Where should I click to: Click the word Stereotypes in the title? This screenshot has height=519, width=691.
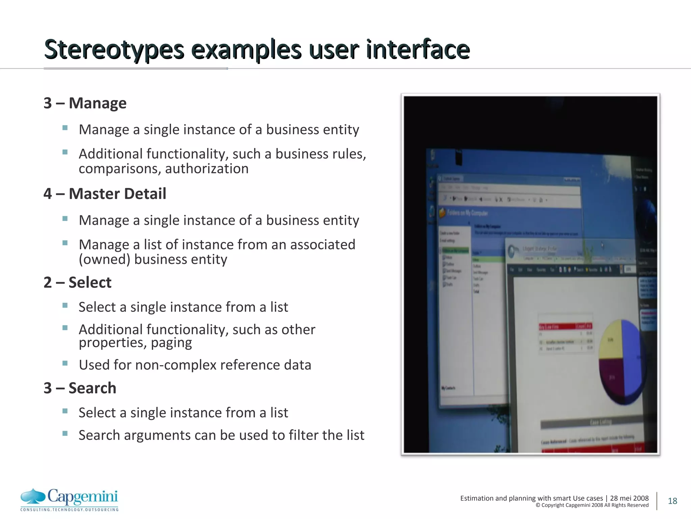coord(114,50)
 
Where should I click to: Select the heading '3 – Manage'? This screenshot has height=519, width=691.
coord(85,103)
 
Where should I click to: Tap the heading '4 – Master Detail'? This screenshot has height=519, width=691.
coord(105,194)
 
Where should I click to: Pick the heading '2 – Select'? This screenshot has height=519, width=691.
coord(78,282)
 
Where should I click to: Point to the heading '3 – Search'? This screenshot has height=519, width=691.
coord(80,388)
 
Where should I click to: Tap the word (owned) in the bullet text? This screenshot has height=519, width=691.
coord(104,259)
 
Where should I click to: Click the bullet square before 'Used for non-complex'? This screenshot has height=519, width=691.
coord(65,364)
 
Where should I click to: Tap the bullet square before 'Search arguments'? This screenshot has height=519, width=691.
coord(65,434)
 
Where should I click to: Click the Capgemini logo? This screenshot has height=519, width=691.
coord(70,499)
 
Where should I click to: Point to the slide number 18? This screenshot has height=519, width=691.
coord(672,501)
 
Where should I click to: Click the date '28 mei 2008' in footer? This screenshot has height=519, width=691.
coord(629,498)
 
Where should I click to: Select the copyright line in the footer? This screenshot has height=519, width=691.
coord(592,505)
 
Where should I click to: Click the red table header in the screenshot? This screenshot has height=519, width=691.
coord(565,326)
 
